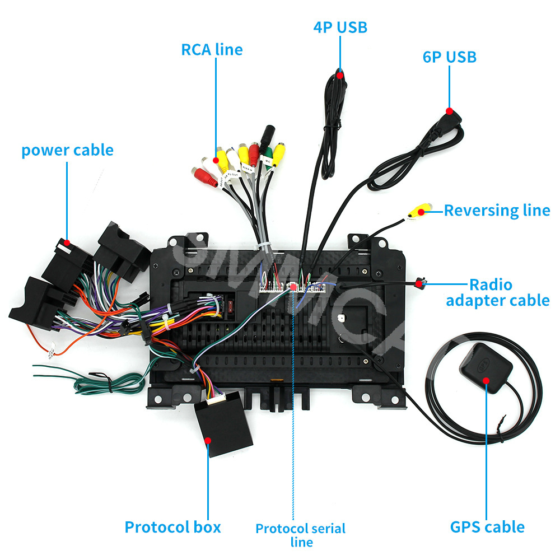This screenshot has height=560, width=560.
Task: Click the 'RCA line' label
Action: pyautogui.click(x=212, y=49)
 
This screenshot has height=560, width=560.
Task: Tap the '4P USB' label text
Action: pyautogui.click(x=340, y=27)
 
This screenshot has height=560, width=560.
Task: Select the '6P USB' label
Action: pyautogui.click(x=449, y=57)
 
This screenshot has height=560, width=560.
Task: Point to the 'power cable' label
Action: pyautogui.click(x=67, y=150)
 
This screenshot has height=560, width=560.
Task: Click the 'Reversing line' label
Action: pyautogui.click(x=497, y=211)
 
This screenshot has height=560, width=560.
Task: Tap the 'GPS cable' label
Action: pyautogui.click(x=487, y=527)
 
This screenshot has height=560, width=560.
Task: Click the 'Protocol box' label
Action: pyautogui.click(x=172, y=527)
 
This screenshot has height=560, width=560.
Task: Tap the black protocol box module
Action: pyautogui.click(x=219, y=423)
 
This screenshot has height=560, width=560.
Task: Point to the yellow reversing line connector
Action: pyautogui.click(x=417, y=212)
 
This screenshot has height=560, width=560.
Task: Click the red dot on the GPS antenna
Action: pyautogui.click(x=486, y=380)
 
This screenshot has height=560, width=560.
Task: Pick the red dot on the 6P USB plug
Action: pyautogui.click(x=449, y=110)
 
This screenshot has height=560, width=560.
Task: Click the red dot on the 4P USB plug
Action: pyautogui.click(x=340, y=72)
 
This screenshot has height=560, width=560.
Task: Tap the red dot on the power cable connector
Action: pyautogui.click(x=67, y=244)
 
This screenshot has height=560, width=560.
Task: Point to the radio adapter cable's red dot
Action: pyautogui.click(x=419, y=284)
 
